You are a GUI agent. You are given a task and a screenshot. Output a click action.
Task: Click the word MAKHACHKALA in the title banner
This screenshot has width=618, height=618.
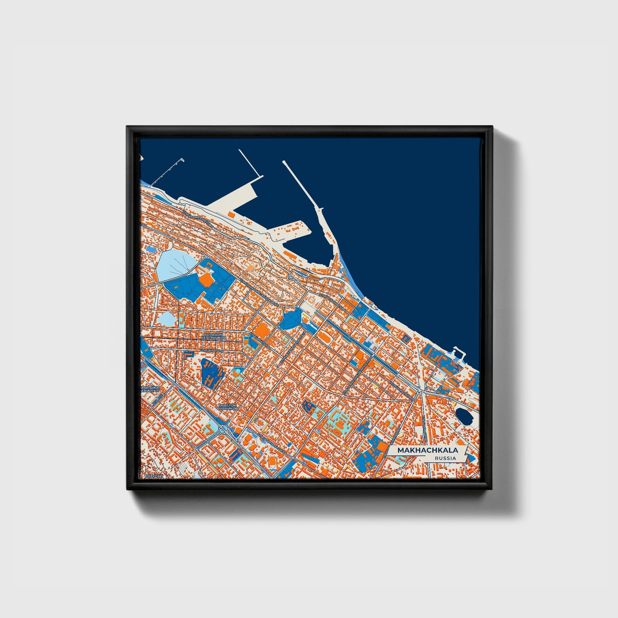click(x=427, y=450)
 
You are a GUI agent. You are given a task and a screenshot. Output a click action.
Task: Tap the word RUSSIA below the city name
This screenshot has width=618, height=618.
click(x=444, y=458)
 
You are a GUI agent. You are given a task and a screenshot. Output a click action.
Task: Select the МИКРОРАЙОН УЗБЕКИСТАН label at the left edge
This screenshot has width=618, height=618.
click(x=150, y=389)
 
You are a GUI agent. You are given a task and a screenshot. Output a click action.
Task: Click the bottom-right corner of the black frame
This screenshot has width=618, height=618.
click(x=492, y=490)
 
